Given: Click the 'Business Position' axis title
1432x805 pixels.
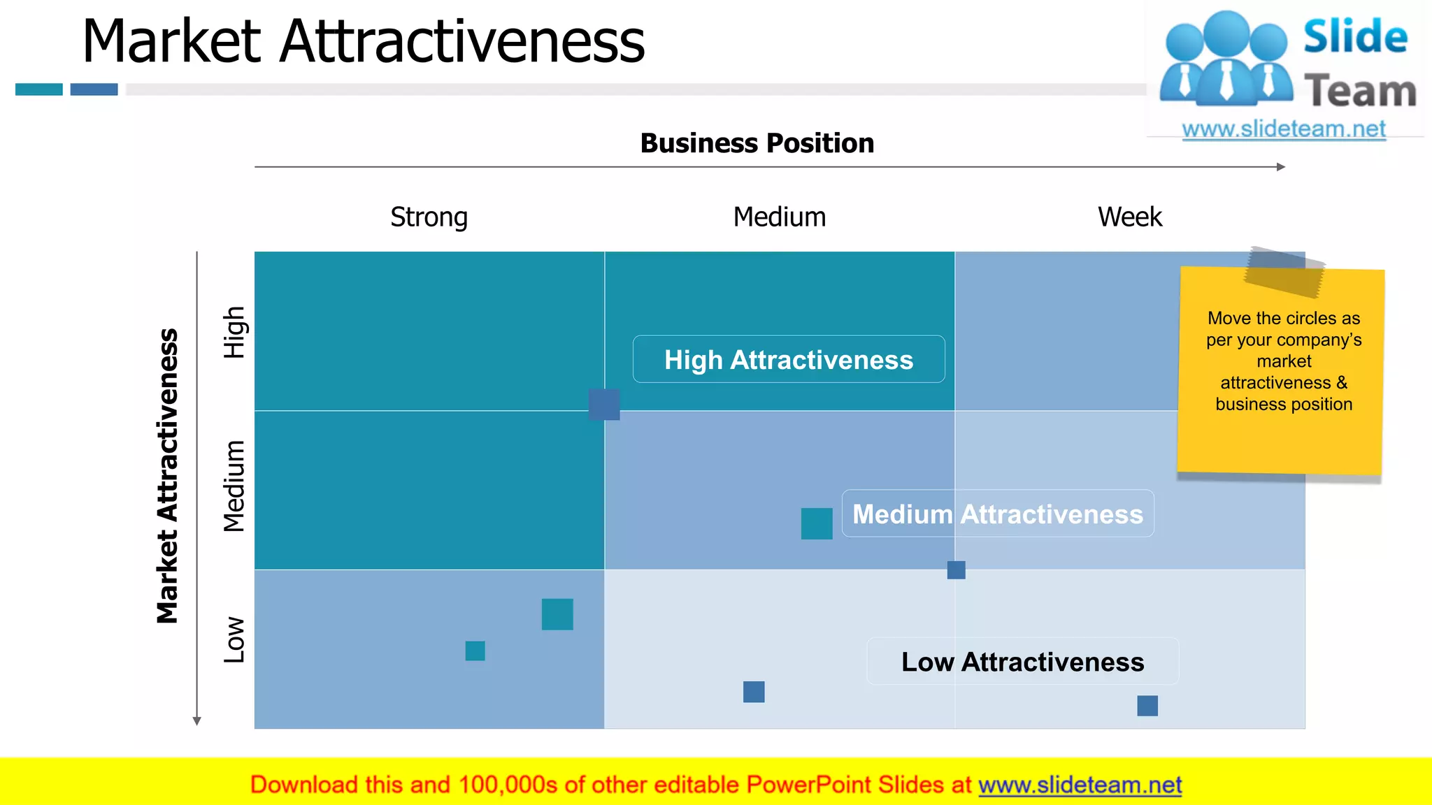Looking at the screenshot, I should tap(757, 143).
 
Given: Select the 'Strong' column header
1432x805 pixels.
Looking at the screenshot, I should tap(429, 217).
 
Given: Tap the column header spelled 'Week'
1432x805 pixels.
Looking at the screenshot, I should tap(1129, 217).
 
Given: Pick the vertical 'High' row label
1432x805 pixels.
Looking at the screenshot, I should tap(234, 332).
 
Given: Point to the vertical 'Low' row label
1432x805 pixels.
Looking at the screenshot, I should tap(234, 639).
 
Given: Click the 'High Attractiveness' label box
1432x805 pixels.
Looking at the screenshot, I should tap(789, 360).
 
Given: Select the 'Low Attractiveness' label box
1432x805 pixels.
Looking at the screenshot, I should tap(1022, 662).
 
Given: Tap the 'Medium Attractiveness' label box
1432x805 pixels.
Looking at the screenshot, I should tap(998, 514).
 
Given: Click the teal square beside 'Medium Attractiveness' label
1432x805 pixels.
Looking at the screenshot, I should tap(817, 523).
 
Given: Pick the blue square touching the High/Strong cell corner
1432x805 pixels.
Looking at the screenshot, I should tap(604, 405).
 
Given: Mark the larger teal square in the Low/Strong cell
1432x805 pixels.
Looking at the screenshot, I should tap(557, 614).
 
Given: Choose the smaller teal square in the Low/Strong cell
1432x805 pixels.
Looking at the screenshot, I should tap(475, 651).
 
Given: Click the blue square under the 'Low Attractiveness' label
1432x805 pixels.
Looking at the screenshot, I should tap(1147, 706).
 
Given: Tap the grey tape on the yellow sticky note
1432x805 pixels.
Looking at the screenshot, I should tap(1284, 272).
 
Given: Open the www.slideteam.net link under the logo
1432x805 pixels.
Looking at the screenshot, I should tap(1284, 129).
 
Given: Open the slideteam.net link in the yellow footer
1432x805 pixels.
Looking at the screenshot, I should tap(1080, 785).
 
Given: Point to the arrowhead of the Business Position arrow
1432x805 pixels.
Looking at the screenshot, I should tap(1281, 167).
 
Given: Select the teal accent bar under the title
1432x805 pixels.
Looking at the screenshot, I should tap(39, 89).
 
